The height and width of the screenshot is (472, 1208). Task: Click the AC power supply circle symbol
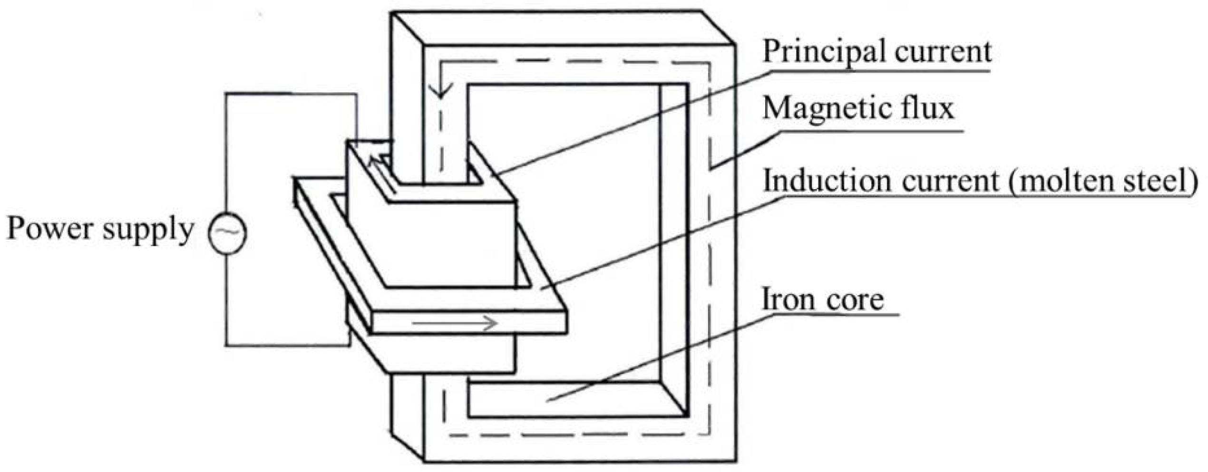(x=227, y=233)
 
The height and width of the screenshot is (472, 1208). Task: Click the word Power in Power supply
(x=50, y=229)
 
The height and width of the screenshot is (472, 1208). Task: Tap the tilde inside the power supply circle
(x=227, y=231)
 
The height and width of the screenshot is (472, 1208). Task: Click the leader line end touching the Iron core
(x=548, y=401)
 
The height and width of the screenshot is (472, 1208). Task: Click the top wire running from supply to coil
(x=290, y=94)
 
